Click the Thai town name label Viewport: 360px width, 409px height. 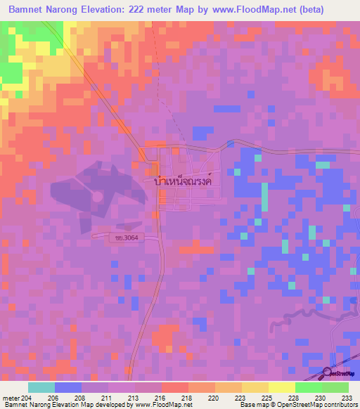pyautogui.click(x=182, y=180)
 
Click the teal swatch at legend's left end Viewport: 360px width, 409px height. pyautogui.click(x=41, y=387)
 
